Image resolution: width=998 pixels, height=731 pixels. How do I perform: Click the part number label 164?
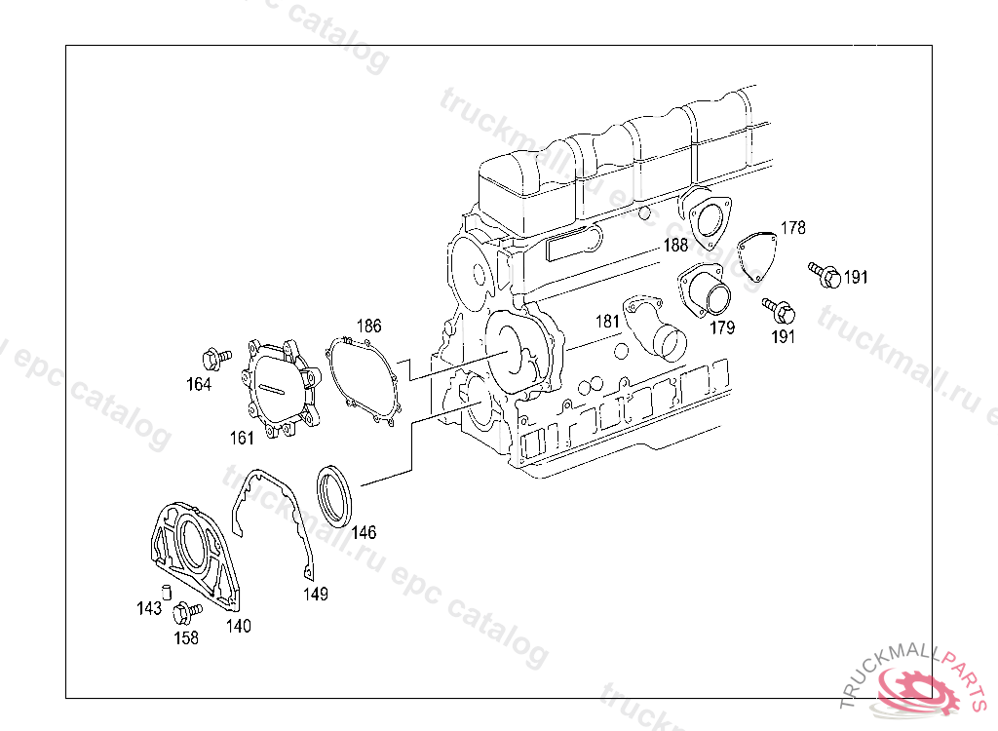point(199,384)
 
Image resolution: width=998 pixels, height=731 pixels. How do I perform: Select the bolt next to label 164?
point(215,359)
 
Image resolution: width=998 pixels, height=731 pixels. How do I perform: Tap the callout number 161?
point(242,438)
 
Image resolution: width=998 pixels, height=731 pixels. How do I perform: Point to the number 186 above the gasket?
point(368,326)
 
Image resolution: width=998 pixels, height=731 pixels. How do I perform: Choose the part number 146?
point(364,532)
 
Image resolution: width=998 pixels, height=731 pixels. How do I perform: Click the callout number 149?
point(316,595)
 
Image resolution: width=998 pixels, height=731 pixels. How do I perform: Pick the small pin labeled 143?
point(167,592)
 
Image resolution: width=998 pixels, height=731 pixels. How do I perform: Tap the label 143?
point(149,609)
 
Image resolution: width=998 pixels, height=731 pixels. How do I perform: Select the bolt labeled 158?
point(186,612)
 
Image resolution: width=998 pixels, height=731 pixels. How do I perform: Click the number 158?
point(186,638)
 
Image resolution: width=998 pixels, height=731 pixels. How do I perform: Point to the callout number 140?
point(239,626)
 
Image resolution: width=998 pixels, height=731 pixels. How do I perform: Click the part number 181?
point(607,322)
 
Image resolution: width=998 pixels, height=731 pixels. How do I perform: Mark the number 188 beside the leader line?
point(675,246)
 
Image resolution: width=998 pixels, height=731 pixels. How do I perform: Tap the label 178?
point(793,228)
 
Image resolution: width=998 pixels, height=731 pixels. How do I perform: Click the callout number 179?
point(722,327)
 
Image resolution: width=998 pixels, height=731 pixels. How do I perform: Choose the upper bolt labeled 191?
point(825,275)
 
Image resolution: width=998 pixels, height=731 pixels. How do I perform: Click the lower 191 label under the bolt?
point(783,337)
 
